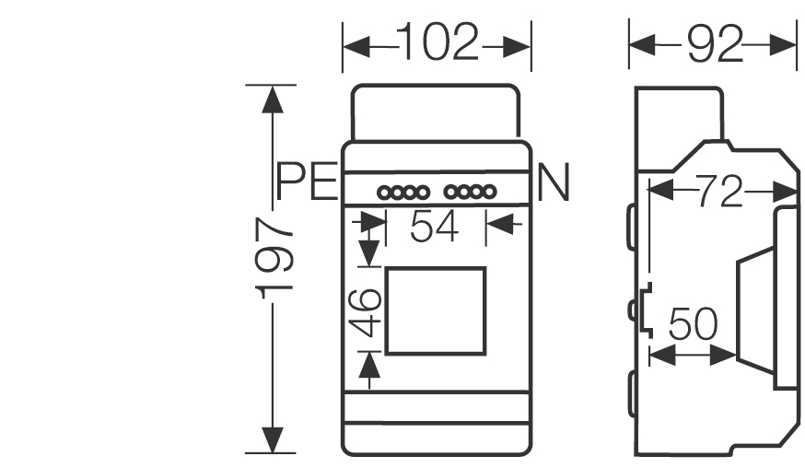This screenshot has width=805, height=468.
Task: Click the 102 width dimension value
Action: (437, 43)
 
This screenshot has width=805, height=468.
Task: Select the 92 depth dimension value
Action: (713, 43)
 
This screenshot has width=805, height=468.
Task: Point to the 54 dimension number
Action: (434, 227)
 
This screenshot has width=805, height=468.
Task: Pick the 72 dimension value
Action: (719, 193)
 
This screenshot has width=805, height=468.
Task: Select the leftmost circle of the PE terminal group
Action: (384, 193)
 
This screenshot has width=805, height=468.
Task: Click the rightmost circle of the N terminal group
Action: (491, 193)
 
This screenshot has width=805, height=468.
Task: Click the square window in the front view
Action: (435, 310)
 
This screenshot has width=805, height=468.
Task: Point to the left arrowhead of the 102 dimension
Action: (355, 44)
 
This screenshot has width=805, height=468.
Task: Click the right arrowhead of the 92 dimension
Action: (787, 43)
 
